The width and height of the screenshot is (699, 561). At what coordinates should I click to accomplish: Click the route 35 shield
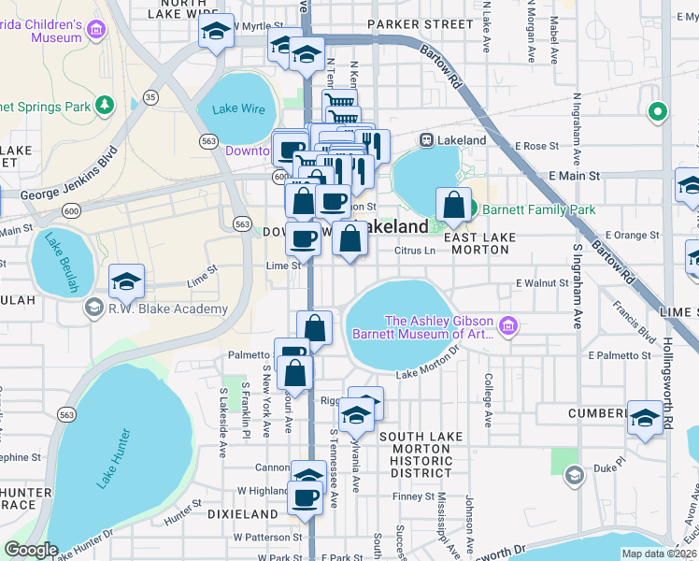pyautogui.click(x=150, y=97)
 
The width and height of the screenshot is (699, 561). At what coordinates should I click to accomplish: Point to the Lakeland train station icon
pyautogui.click(x=426, y=140)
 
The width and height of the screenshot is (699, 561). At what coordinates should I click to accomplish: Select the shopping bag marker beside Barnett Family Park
pyautogui.click(x=453, y=205)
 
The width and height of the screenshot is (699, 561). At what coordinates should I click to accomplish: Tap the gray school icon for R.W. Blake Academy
pyautogui.click(x=93, y=308)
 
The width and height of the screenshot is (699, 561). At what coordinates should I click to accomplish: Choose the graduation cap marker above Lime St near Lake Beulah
pyautogui.click(x=127, y=280)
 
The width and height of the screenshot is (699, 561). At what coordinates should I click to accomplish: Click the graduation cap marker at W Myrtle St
pyautogui.click(x=216, y=34)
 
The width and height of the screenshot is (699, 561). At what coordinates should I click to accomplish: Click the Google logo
pyautogui.click(x=31, y=550)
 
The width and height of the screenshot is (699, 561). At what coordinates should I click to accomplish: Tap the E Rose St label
pyautogui.click(x=535, y=147)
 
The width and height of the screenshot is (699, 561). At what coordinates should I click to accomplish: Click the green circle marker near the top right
pyautogui.click(x=658, y=112)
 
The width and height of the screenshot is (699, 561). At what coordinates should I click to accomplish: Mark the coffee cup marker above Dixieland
pyautogui.click(x=305, y=497)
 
